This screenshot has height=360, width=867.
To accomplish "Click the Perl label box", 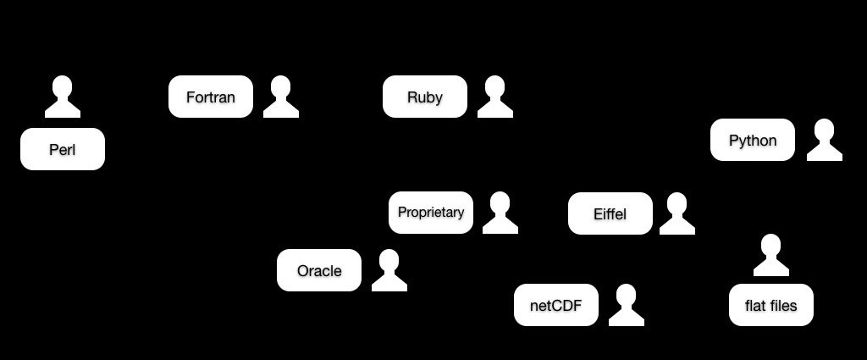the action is [x=63, y=149].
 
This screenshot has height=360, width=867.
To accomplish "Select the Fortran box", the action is [x=211, y=97].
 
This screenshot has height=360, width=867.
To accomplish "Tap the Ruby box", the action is [x=425, y=97].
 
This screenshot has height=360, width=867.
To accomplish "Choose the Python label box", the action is [x=753, y=140].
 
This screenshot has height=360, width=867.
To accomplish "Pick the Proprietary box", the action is [x=431, y=213].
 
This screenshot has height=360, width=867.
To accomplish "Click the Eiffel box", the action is [x=610, y=213].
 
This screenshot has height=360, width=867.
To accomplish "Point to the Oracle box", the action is [x=319, y=270].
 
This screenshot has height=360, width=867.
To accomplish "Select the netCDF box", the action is [x=556, y=305].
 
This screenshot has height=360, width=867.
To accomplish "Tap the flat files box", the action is [x=771, y=305].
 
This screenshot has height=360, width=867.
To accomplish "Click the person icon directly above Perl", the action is [x=63, y=97].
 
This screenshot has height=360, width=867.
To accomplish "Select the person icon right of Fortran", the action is [x=281, y=97].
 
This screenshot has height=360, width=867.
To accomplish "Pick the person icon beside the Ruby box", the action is [x=494, y=97].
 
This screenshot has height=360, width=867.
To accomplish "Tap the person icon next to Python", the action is [x=825, y=140].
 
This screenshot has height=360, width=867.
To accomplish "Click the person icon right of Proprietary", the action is [x=500, y=213].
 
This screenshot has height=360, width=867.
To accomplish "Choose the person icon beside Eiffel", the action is [x=677, y=213].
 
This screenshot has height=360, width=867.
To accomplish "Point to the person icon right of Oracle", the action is [x=389, y=270].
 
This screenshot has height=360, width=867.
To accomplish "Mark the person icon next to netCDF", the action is [x=627, y=305].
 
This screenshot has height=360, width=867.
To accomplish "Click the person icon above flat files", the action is [x=771, y=255].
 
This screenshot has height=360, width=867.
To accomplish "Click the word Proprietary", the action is [x=431, y=213].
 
